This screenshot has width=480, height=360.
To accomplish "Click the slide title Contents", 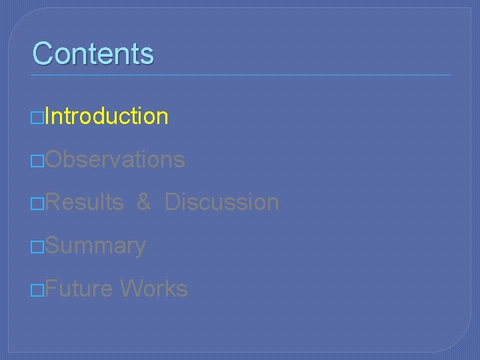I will (x=93, y=53).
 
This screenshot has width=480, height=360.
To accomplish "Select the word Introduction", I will (x=107, y=116).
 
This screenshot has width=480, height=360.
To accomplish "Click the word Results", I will (x=85, y=202).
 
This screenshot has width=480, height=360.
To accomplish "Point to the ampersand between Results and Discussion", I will (x=144, y=202).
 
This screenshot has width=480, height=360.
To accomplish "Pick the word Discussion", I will (x=221, y=202).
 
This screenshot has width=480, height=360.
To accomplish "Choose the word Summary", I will (x=96, y=246).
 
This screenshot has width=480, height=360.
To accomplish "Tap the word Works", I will (x=154, y=289).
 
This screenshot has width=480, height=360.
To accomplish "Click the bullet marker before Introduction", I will (x=39, y=117).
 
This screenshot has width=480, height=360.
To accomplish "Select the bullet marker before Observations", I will (x=39, y=161).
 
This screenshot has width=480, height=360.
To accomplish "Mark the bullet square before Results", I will (x=39, y=204).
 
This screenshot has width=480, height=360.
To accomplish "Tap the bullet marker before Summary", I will (x=39, y=247).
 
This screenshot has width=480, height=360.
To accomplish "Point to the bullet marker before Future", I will (x=39, y=291).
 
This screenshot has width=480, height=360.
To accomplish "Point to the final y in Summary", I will (x=140, y=247).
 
